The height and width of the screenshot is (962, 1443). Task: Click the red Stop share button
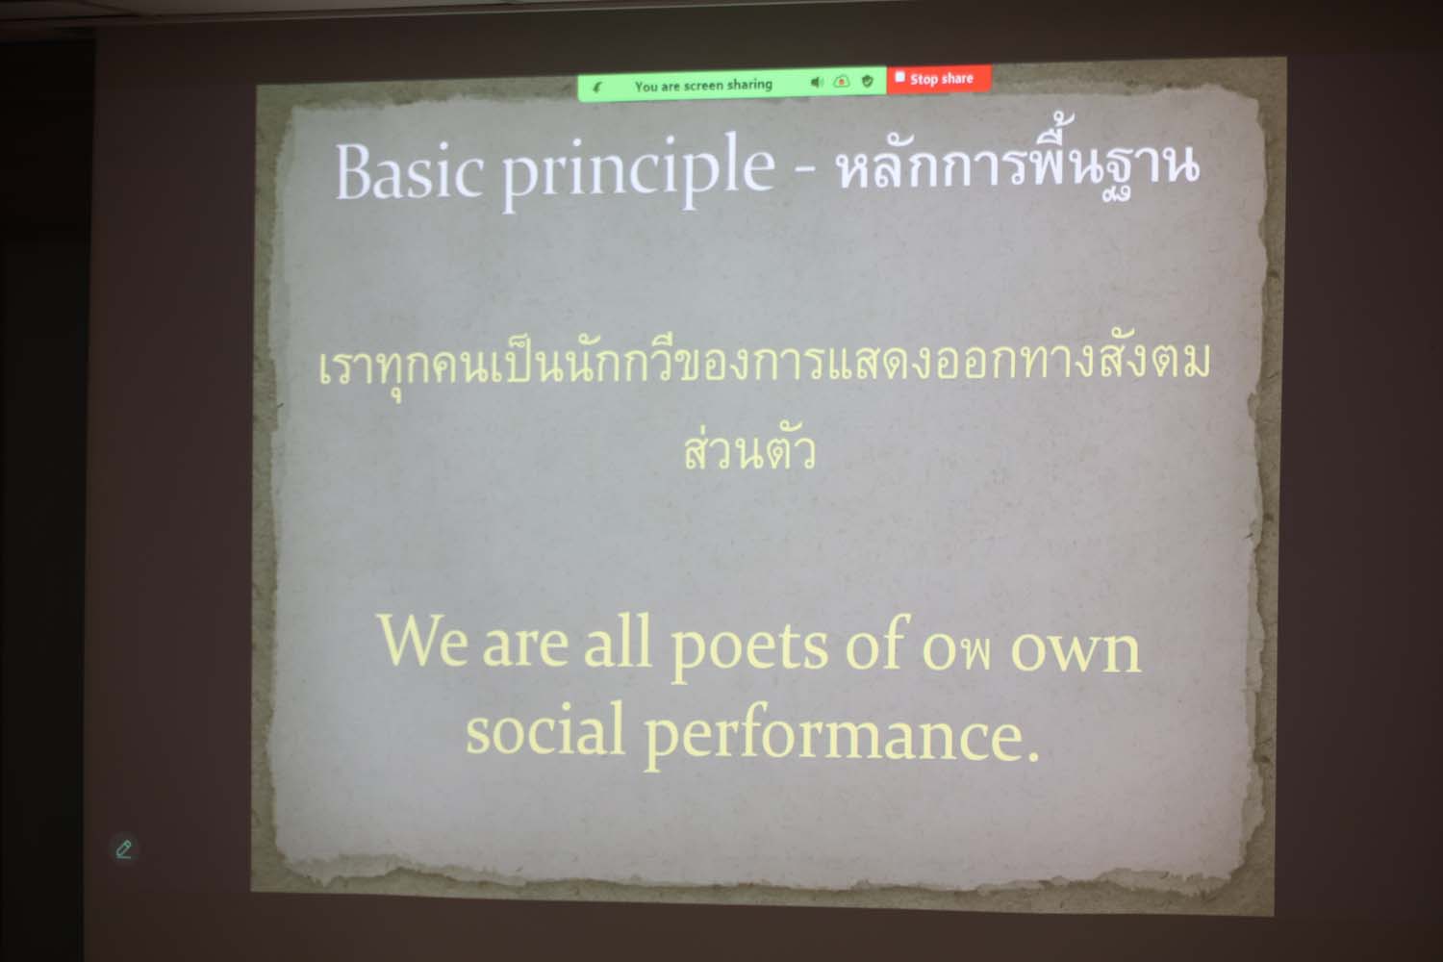point(939,79)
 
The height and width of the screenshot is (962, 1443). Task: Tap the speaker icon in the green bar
point(817,82)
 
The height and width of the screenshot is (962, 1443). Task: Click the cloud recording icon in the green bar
point(842,81)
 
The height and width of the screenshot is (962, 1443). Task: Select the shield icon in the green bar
point(867,81)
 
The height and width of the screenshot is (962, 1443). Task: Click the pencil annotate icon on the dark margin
point(124,849)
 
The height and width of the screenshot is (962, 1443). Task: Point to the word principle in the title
point(639,169)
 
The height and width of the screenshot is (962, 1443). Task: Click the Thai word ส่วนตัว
point(749,448)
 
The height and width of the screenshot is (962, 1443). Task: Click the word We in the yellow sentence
point(422,640)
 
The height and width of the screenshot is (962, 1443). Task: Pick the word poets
point(749,646)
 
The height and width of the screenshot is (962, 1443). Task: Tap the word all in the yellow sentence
point(618,641)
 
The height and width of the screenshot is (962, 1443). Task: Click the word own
point(1076,651)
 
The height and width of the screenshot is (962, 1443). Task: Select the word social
point(545,729)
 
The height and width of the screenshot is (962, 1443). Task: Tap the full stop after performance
point(1032,757)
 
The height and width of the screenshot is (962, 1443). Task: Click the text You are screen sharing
point(703,86)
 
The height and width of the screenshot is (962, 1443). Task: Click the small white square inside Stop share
point(899,77)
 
